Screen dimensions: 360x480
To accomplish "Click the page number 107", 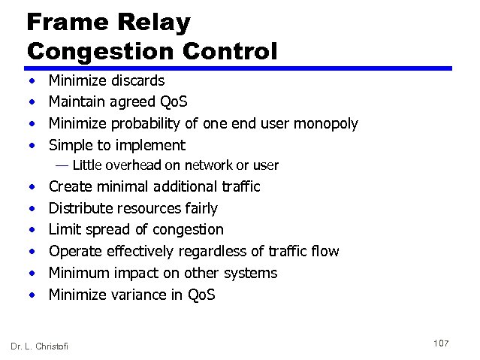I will (441, 343).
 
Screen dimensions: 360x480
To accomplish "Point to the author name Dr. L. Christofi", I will (39, 346).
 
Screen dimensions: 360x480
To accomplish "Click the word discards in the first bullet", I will (137, 80).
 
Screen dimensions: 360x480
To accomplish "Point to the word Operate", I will (74, 251).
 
